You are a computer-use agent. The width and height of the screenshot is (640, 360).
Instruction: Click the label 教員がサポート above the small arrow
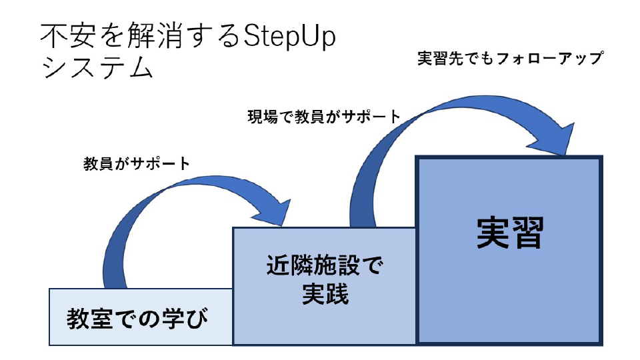point(137,163)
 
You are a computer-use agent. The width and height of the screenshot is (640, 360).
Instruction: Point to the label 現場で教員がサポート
point(324,117)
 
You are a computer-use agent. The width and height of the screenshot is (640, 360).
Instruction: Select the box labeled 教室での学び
point(140,317)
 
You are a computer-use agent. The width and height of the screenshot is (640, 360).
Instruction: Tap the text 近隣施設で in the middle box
point(325,267)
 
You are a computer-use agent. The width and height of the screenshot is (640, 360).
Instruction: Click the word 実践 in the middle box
point(325,293)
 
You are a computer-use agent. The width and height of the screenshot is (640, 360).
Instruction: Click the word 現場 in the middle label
point(261,117)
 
